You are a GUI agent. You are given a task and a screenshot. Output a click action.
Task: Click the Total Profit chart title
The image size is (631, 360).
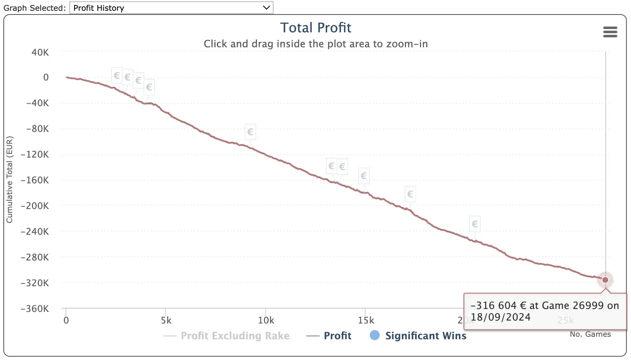[x=315, y=28]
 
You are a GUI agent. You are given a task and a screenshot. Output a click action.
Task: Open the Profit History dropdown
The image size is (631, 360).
[x=171, y=8]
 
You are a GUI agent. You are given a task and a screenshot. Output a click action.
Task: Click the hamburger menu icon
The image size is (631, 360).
[x=610, y=32]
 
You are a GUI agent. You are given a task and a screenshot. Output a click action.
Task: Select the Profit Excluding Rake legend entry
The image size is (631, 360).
[x=235, y=336]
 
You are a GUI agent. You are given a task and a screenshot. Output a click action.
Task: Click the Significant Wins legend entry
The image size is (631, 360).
[x=425, y=336]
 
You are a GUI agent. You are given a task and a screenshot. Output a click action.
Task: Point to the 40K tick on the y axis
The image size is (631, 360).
[x=40, y=52]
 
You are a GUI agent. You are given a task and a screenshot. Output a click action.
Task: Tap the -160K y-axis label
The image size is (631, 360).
[x=35, y=180]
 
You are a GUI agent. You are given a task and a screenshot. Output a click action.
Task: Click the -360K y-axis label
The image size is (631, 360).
[x=35, y=309]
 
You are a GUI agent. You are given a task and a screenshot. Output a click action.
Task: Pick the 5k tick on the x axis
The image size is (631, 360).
[x=166, y=320]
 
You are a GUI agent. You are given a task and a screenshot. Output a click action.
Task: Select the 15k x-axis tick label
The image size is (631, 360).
[x=366, y=320]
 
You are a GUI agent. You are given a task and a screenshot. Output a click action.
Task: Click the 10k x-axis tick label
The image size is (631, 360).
[x=266, y=320]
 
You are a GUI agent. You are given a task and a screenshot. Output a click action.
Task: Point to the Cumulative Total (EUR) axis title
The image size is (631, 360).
[x=10, y=180]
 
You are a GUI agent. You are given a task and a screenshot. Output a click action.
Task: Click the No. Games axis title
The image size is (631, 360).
[x=590, y=334]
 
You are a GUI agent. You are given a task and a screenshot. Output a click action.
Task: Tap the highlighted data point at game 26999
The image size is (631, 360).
[x=605, y=280]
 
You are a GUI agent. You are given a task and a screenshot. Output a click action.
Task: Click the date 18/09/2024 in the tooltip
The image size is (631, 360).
[x=500, y=317]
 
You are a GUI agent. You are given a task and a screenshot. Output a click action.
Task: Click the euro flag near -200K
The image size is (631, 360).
[x=410, y=194]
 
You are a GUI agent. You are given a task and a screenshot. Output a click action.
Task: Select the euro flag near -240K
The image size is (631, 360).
[x=475, y=224]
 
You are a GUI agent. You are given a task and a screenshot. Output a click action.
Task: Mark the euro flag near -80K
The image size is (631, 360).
[x=250, y=132]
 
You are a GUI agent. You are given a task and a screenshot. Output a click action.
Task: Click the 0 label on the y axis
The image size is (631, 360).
[x=46, y=78]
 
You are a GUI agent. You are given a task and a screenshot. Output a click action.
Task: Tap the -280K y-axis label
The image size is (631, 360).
[x=35, y=257]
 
